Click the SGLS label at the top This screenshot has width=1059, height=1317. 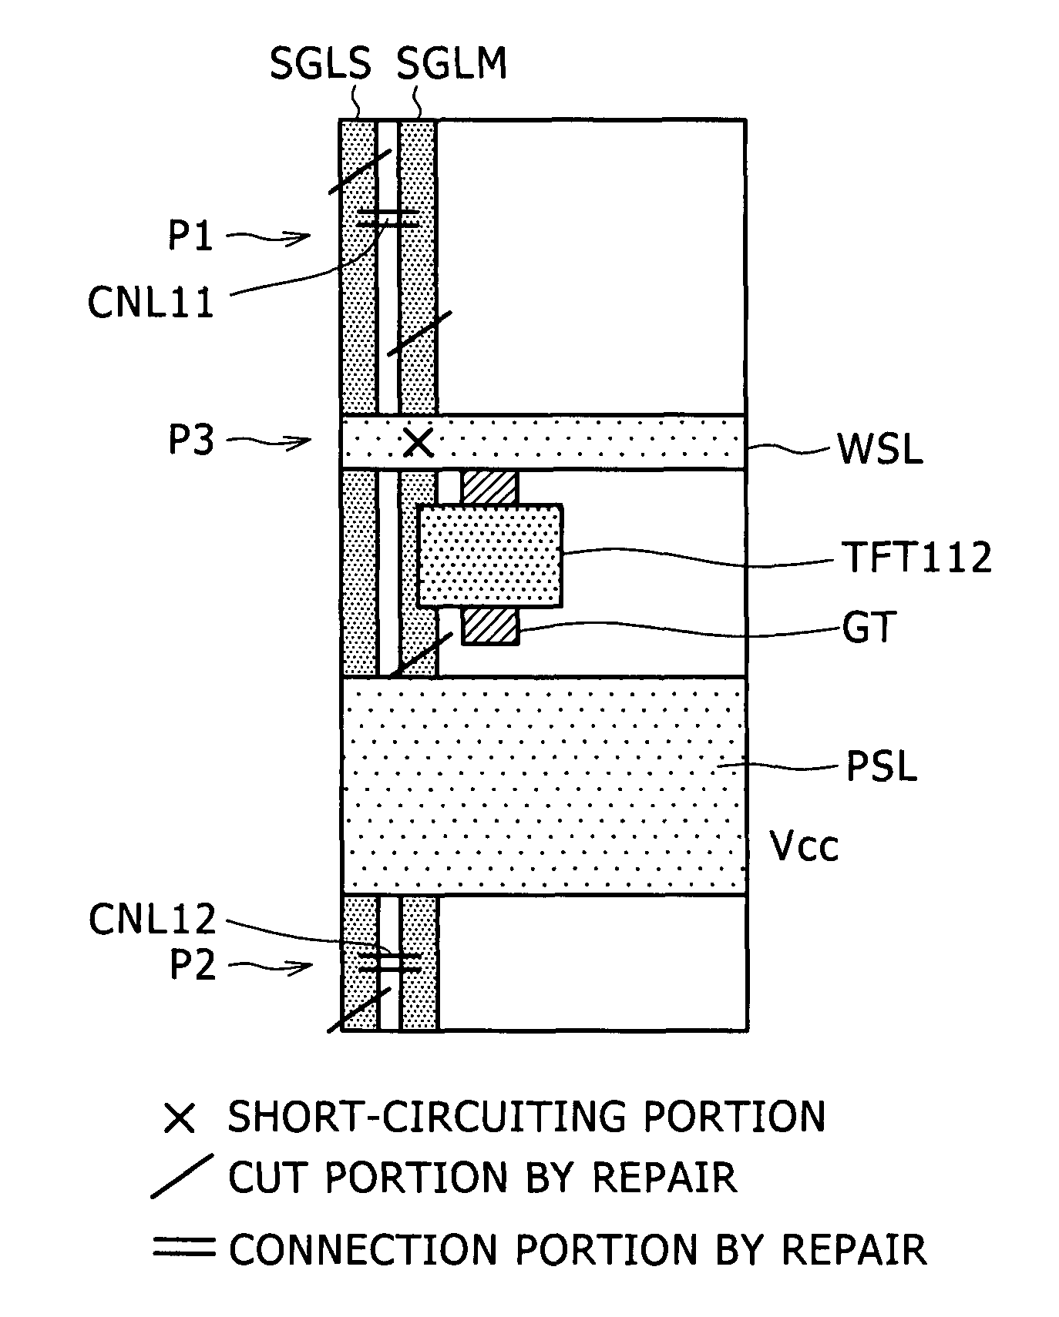point(320,63)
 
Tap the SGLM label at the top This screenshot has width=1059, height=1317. point(452,63)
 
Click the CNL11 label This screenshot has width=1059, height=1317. point(151,303)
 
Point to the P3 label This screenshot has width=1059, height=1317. point(191,441)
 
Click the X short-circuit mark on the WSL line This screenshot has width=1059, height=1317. point(419,442)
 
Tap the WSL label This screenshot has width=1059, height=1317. point(881,449)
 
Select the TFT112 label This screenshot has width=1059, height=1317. point(916,557)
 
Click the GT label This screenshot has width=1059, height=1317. point(867,628)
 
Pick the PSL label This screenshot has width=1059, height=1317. point(882,767)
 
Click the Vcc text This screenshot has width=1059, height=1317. point(804,846)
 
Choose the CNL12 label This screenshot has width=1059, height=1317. point(153,919)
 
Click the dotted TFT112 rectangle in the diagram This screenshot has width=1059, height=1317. point(490,555)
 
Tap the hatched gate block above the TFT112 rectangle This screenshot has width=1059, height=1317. point(489,488)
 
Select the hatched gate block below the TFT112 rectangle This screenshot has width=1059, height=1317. point(490,625)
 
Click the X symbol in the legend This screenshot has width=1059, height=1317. point(180,1118)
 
